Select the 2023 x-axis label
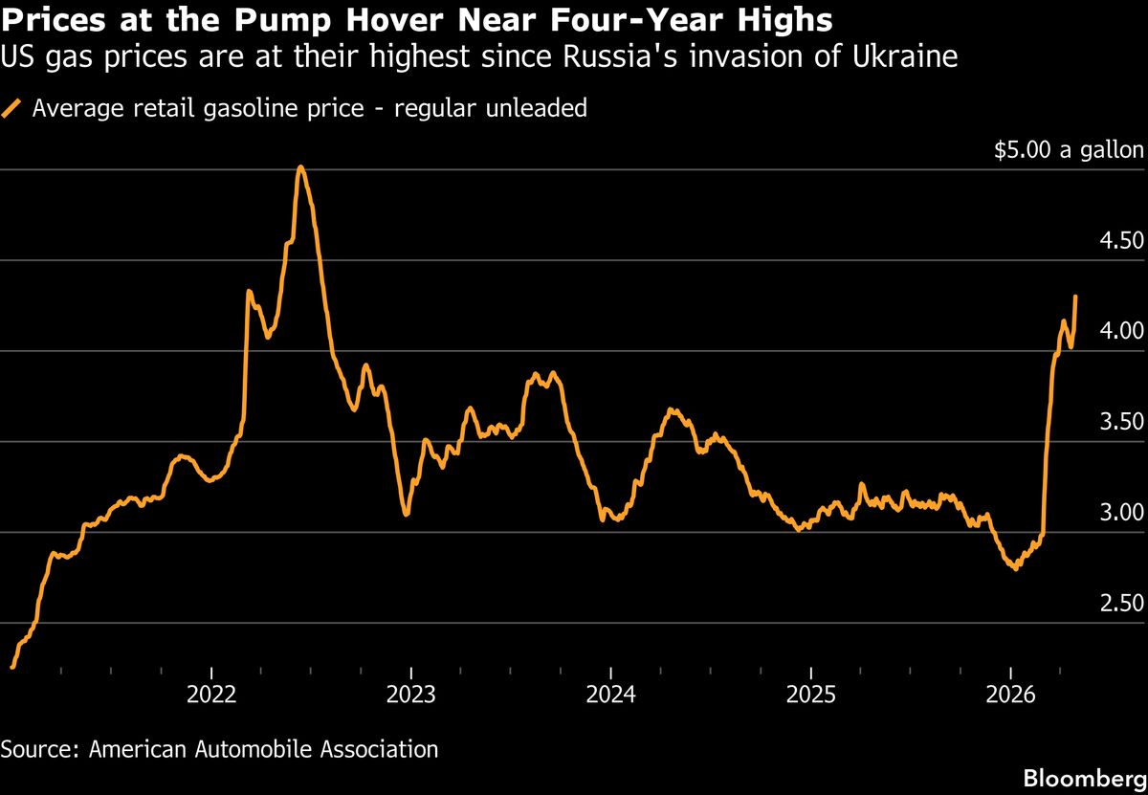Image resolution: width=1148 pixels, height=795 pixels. click(410, 695)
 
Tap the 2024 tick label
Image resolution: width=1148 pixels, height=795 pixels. click(610, 695)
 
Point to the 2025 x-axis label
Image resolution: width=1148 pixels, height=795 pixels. click(810, 695)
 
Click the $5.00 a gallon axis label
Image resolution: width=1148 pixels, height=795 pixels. click(1069, 150)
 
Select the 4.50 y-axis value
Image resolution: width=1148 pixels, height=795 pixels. click(1119, 240)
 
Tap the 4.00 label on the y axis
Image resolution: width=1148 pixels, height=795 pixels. click(1119, 331)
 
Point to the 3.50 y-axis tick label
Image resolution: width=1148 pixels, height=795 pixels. click(1119, 422)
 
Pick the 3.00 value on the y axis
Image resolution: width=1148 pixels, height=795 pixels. click(1119, 513)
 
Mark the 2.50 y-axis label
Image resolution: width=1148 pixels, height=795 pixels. click(1119, 604)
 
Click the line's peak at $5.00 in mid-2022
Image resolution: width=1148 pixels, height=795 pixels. click(300, 167)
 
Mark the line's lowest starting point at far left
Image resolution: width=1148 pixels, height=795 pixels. click(11, 666)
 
